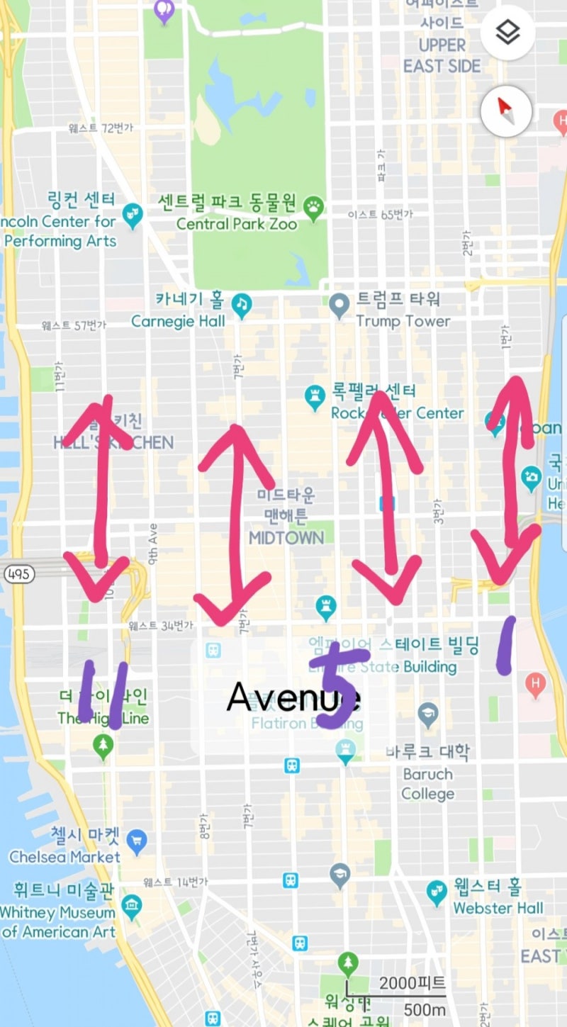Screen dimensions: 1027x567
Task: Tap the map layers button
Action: (x=507, y=32)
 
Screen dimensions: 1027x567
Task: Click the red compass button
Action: (x=507, y=110)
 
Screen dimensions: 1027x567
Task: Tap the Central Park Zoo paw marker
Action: (x=313, y=206)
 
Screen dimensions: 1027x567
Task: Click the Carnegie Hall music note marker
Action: (x=242, y=304)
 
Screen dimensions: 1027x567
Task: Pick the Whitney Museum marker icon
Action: (x=132, y=905)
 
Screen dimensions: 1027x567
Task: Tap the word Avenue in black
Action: (x=293, y=697)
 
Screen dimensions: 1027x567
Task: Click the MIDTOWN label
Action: (x=286, y=538)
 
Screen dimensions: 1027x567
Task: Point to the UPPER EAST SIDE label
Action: (x=442, y=55)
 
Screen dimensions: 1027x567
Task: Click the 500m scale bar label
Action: (x=423, y=1009)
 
